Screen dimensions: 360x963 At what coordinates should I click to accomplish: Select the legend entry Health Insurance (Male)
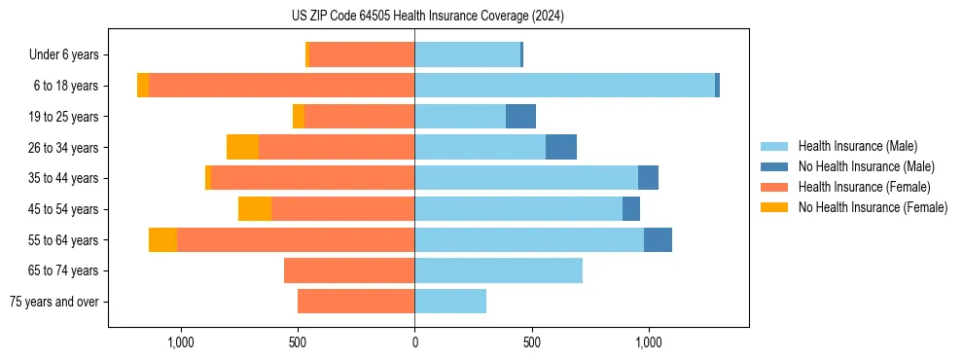coord(857,146)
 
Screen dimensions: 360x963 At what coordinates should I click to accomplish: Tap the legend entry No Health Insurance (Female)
coord(873,207)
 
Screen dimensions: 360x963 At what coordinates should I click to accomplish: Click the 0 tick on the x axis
coord(414,342)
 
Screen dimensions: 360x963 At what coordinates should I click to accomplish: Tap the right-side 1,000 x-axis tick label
coord(648,342)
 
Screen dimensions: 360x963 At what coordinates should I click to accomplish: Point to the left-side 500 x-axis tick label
coord(298,342)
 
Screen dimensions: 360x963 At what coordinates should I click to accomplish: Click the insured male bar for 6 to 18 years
coord(564,86)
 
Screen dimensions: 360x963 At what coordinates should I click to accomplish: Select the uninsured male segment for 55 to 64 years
coord(658,239)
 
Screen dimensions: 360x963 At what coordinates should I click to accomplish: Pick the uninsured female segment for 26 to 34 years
coord(242,147)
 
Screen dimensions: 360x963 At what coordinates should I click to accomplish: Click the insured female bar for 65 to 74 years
coord(349,270)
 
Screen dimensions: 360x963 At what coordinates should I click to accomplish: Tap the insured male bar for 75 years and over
coord(450,302)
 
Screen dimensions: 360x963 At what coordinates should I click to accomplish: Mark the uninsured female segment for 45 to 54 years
coord(255,209)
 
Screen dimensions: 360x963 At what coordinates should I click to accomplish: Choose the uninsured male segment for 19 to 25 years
coord(520,117)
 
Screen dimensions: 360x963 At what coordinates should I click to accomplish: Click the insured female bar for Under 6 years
coord(362,54)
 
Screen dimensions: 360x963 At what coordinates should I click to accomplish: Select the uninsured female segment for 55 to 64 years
coord(162,239)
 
